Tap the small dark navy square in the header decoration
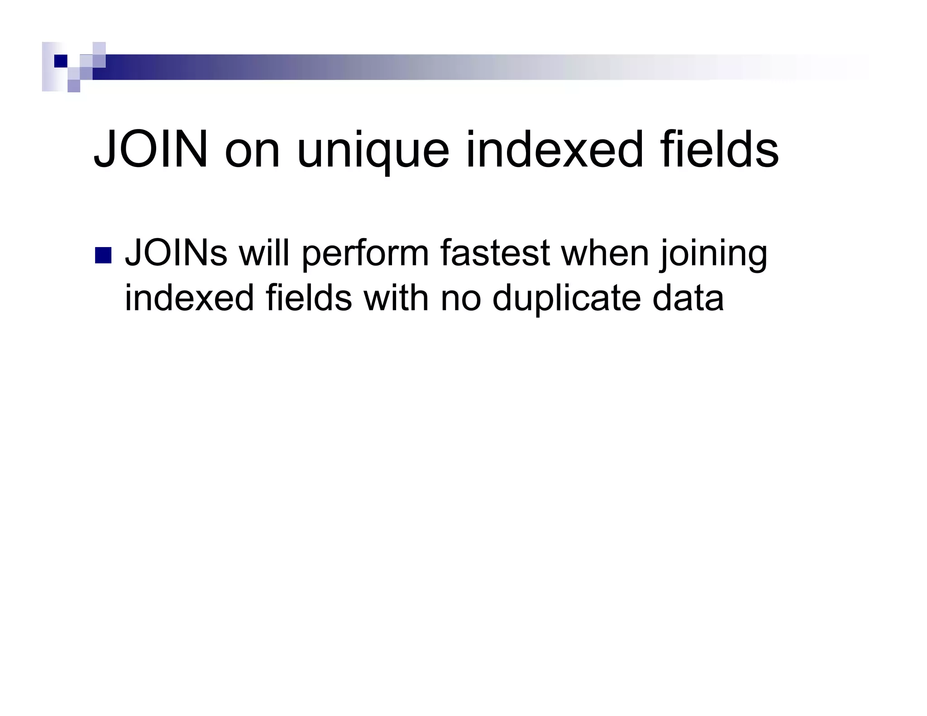(61, 61)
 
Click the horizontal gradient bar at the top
(407, 67)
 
